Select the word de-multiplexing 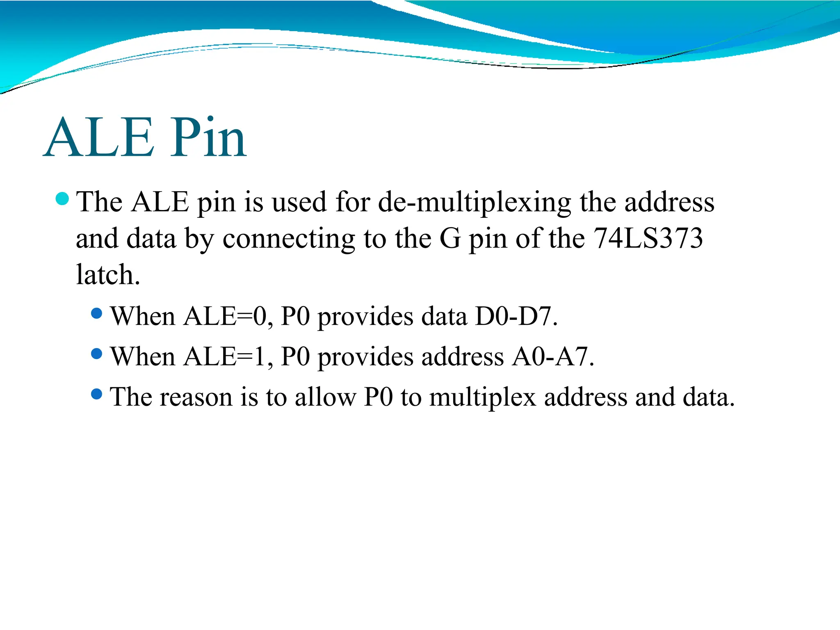click(x=474, y=202)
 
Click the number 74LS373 click(x=648, y=238)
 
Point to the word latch click(x=108, y=274)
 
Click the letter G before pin click(x=450, y=238)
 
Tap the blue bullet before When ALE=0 click(x=96, y=314)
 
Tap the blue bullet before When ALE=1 click(x=96, y=354)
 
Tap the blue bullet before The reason click(x=96, y=394)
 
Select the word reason click(x=196, y=397)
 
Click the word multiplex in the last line click(x=482, y=397)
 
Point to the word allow click(x=325, y=397)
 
